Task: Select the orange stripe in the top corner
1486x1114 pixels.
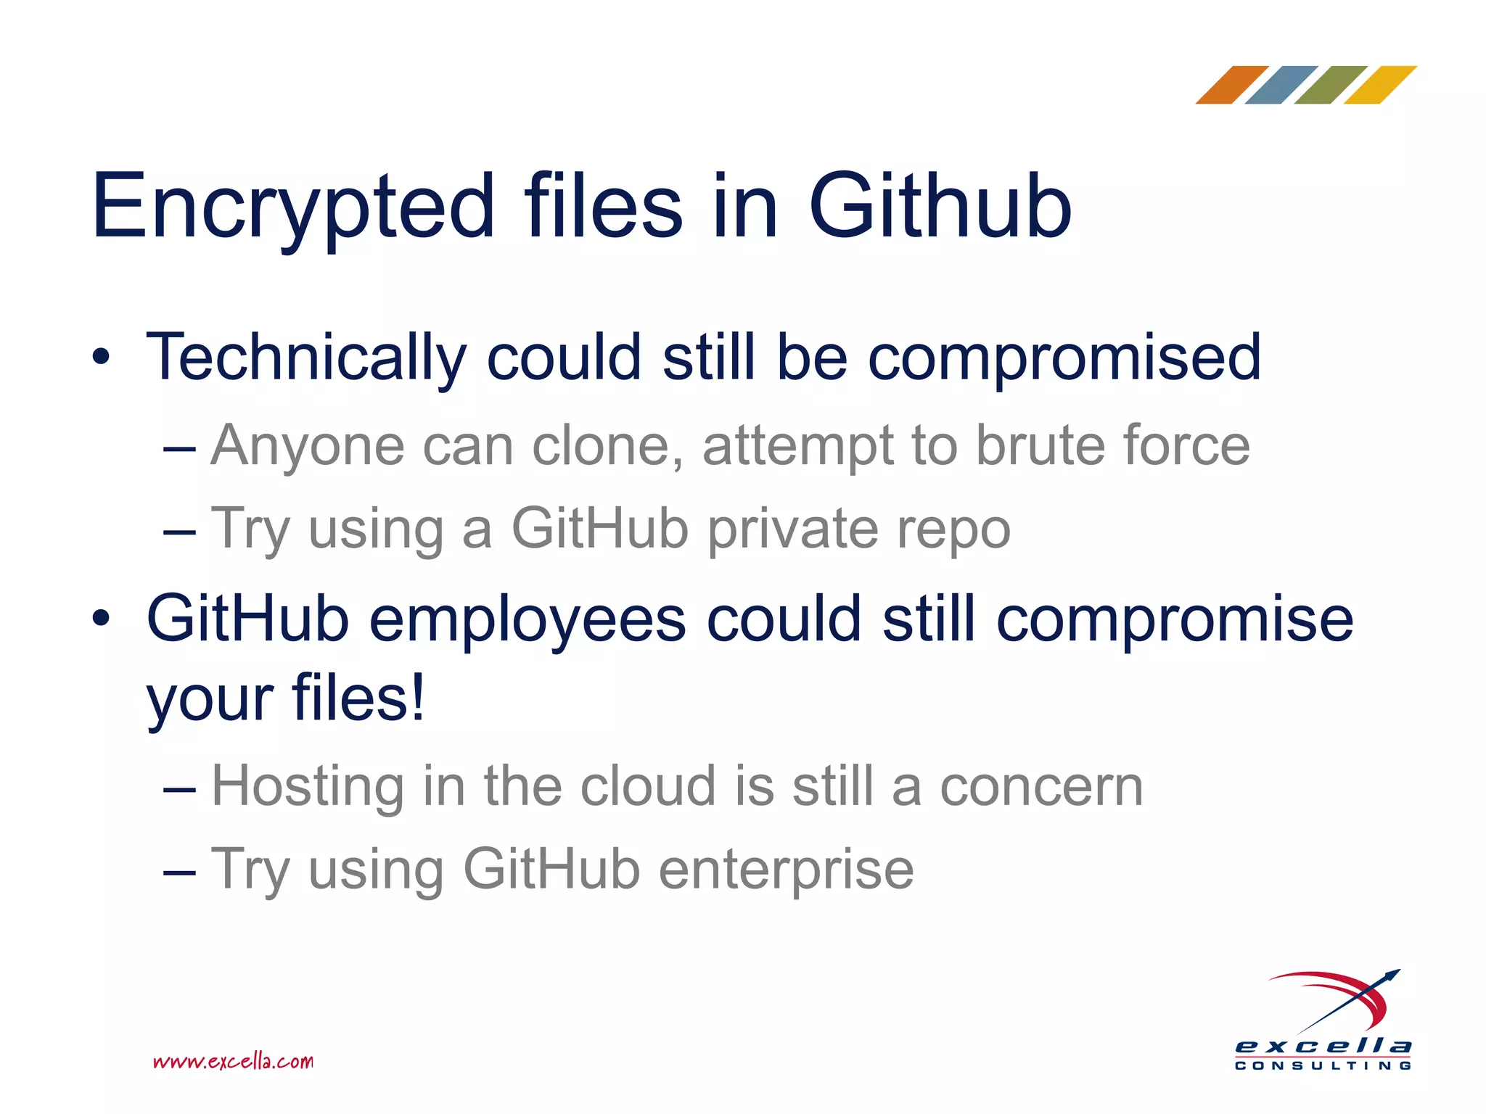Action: (1231, 85)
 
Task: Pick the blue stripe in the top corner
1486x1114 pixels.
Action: (1281, 85)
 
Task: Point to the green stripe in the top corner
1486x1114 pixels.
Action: (1331, 85)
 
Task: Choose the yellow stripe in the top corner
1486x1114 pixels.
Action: (1380, 85)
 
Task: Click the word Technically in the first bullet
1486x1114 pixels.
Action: (305, 357)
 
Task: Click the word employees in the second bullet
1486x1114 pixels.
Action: (528, 620)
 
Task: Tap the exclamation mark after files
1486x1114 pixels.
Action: (416, 698)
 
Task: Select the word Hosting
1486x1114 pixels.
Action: (308, 786)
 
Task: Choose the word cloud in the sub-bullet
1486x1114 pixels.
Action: (648, 786)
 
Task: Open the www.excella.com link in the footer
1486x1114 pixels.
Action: (233, 1062)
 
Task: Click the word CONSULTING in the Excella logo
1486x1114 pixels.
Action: (1323, 1065)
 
